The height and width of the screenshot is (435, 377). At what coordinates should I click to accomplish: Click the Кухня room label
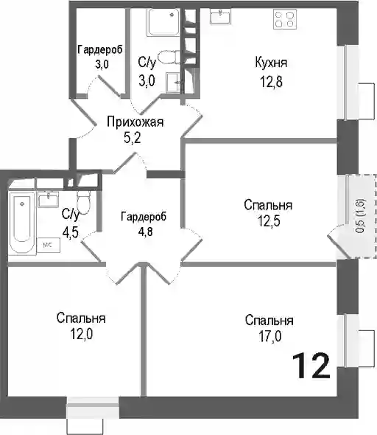tap(271, 63)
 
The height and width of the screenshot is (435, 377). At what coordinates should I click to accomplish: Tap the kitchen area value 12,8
tap(271, 82)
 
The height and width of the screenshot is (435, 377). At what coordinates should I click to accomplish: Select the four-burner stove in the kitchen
tap(285, 19)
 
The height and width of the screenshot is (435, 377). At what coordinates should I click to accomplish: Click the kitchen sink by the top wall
tap(220, 16)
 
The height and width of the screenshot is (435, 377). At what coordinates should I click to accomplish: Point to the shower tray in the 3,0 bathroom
tap(163, 22)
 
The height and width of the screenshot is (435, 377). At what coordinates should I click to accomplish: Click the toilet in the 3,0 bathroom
tap(168, 57)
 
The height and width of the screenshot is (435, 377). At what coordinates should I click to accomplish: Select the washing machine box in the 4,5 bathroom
tap(49, 245)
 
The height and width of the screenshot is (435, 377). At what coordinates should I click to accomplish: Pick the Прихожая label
tap(135, 122)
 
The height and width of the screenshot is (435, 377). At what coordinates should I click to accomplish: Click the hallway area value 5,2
tap(133, 138)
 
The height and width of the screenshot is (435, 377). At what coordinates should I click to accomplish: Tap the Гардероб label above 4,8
tap(144, 217)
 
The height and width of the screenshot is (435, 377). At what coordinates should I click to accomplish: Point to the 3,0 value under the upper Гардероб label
tap(102, 64)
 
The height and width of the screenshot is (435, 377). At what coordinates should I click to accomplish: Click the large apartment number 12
tap(311, 366)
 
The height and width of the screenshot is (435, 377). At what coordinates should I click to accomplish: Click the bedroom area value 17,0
tap(270, 336)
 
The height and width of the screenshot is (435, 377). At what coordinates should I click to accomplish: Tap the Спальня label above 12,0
tap(81, 319)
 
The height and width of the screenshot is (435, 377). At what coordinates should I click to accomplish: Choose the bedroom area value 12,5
tap(269, 221)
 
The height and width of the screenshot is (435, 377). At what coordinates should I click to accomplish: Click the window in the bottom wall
tap(93, 408)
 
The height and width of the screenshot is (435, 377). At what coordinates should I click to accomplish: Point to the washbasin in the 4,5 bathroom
tap(48, 199)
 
